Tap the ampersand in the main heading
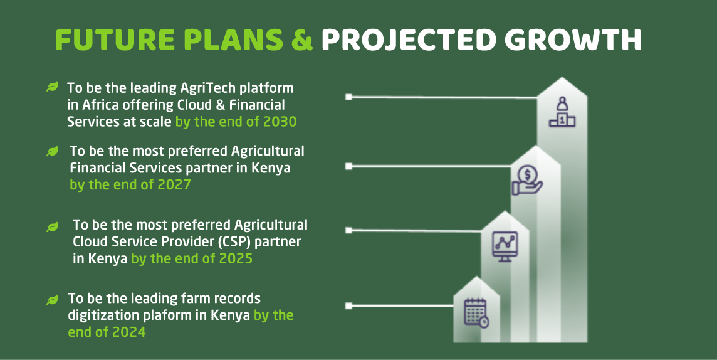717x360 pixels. pos(302,40)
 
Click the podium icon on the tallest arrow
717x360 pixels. pos(562,112)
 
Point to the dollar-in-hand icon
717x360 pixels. pos(527,180)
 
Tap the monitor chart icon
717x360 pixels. pos(505,246)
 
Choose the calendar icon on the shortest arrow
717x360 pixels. pos(476,313)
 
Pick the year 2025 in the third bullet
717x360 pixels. pos(236,258)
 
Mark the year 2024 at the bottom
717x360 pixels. pos(129,332)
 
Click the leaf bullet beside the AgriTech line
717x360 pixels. pos(53,87)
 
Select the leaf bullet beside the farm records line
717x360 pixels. pos(53,300)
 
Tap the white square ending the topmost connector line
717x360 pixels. pos(349,97)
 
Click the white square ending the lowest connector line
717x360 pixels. pos(349,305)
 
